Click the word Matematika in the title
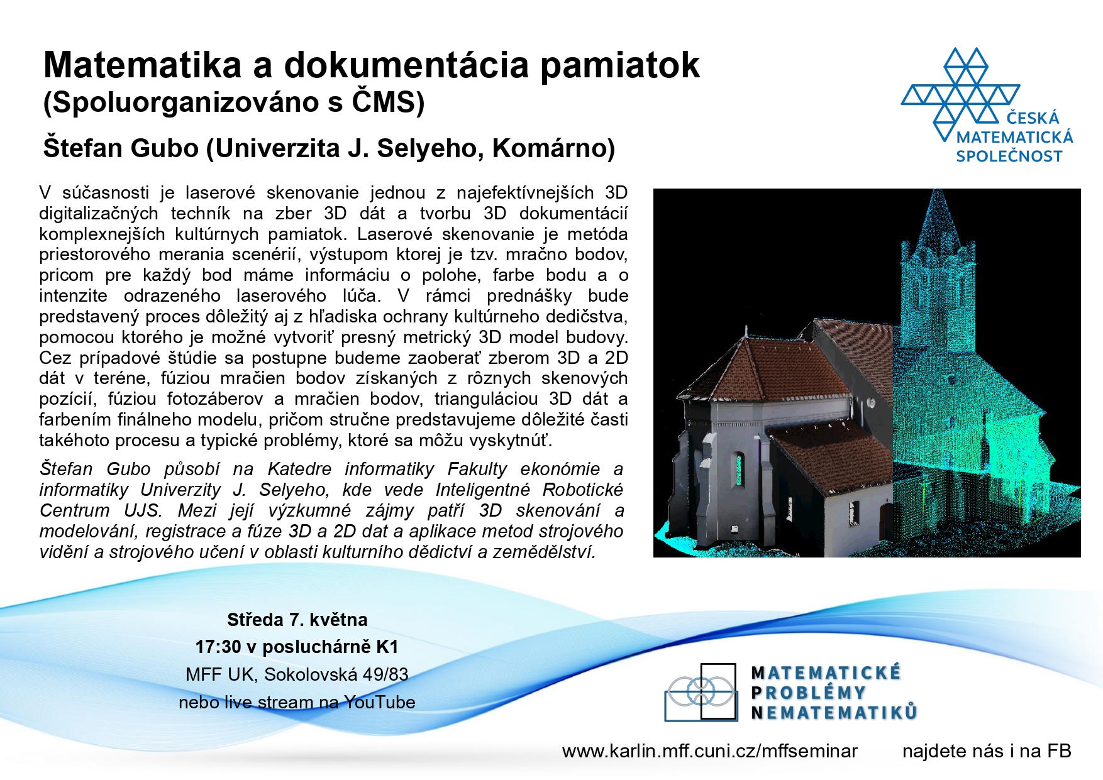(143, 65)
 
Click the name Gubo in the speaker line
(164, 148)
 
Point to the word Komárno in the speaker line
(548, 148)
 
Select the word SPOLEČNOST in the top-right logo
(1009, 156)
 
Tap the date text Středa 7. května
(297, 620)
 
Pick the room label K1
(387, 647)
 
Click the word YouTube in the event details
(380, 703)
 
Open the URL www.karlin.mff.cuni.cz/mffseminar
(710, 752)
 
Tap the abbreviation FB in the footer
(1058, 751)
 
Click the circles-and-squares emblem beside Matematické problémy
(701, 691)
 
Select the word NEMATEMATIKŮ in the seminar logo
(834, 713)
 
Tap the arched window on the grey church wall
(740, 469)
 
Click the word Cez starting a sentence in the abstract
(55, 358)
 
